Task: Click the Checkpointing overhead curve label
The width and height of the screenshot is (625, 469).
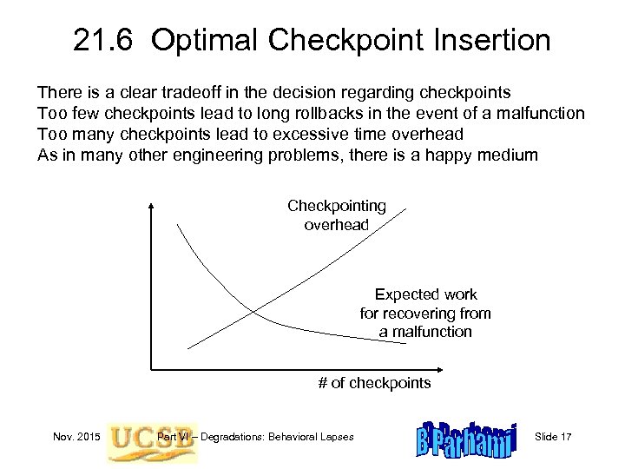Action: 336,215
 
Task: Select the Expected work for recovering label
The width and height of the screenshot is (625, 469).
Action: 425,314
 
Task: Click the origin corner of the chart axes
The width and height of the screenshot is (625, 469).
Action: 153,368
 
